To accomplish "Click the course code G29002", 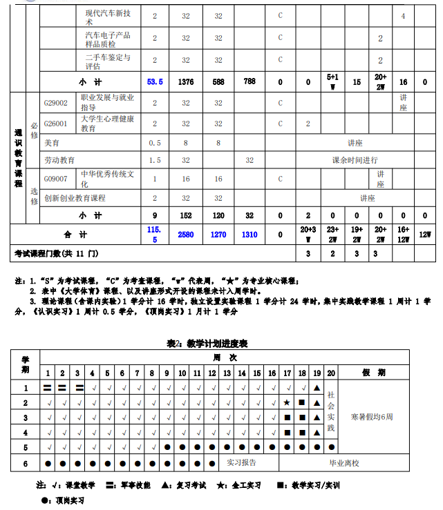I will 56,104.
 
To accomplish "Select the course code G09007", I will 56,179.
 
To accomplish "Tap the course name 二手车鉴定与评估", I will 107,62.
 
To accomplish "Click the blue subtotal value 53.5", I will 155,81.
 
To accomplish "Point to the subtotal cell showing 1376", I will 186,81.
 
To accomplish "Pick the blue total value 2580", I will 186,235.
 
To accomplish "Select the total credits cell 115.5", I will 154,235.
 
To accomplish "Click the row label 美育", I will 52,143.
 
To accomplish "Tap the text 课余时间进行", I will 355,159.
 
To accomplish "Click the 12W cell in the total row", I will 425,235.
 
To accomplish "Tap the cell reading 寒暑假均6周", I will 373,417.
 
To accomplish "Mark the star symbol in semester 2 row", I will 287,402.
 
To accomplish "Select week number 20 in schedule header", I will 331,373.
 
